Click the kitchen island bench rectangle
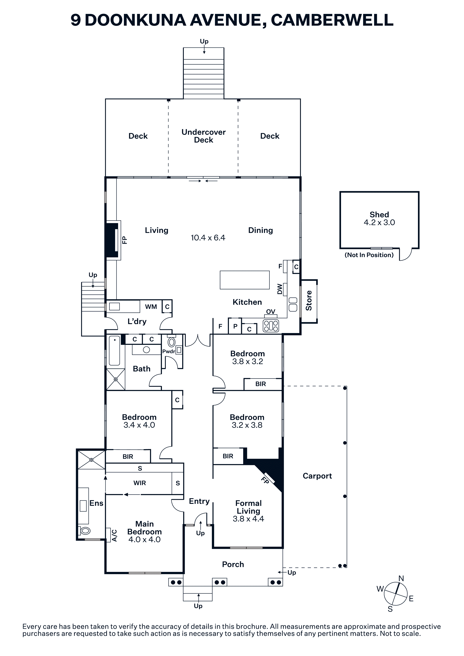[245, 280]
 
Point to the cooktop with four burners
[271, 326]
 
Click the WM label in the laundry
[151, 307]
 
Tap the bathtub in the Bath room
[114, 351]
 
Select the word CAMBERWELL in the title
[332, 20]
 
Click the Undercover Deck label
[204, 136]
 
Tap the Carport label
[317, 476]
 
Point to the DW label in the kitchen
[280, 289]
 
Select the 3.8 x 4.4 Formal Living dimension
[248, 519]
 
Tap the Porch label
[233, 564]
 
